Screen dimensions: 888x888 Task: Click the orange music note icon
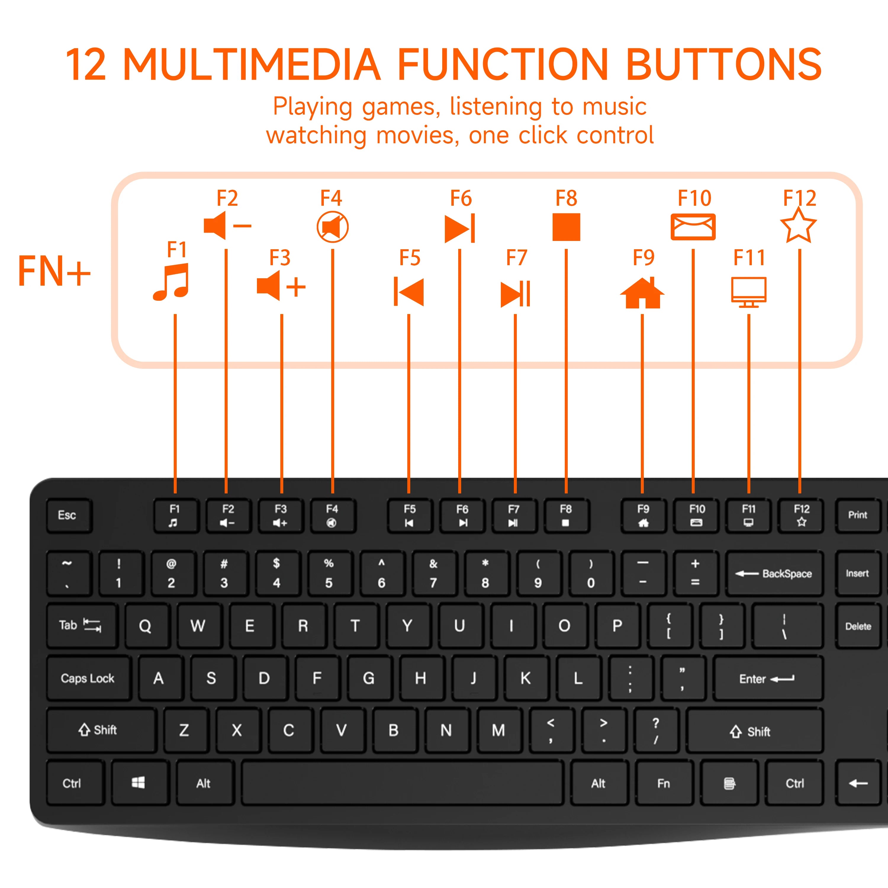click(x=171, y=282)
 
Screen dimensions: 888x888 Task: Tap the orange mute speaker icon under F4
click(x=332, y=227)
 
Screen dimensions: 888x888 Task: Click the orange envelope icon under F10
click(x=693, y=227)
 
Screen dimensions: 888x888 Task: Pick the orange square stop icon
click(x=566, y=227)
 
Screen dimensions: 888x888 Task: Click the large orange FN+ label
click(x=54, y=271)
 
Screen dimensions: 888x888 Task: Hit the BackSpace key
click(x=774, y=574)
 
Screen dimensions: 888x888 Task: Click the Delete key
click(x=858, y=626)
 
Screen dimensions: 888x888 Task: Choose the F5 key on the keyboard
click(x=410, y=515)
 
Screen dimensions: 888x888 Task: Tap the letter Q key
click(x=145, y=625)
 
